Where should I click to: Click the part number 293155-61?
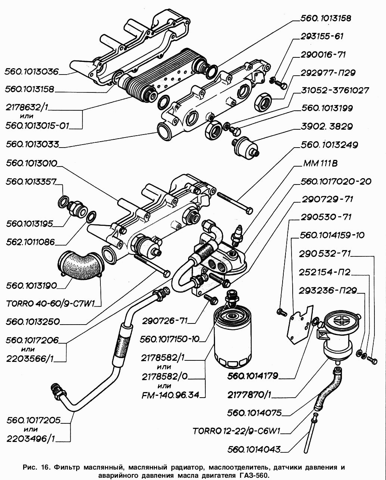coord(322,37)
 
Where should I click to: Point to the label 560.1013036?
coord(32,72)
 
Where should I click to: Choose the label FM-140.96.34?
coord(170,395)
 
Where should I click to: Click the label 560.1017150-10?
coord(169,339)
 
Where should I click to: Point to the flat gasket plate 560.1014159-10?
coord(299,324)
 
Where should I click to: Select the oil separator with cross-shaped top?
coord(338,335)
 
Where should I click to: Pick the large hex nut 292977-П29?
coord(262,101)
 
